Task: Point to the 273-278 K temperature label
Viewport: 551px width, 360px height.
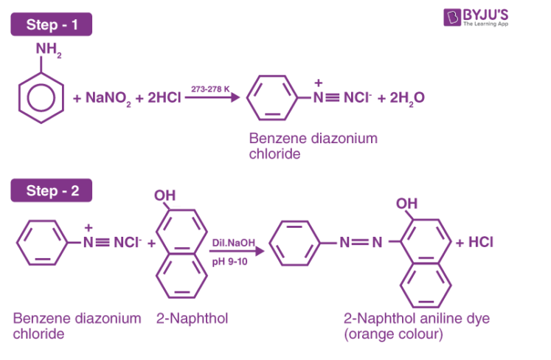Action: [209, 89]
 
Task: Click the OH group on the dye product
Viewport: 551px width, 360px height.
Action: [406, 203]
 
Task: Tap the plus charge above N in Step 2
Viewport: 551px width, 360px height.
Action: [89, 228]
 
